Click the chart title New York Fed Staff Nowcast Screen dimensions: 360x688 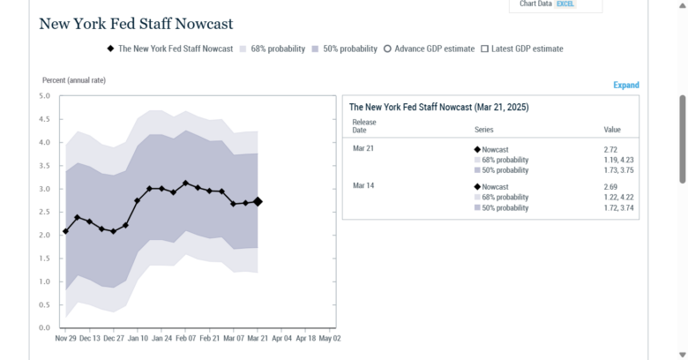136,24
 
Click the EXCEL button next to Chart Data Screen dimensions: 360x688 565,4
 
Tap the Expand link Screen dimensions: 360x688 625,86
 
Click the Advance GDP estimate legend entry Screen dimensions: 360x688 429,49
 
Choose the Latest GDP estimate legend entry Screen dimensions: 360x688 521,49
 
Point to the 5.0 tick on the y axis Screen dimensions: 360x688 44,96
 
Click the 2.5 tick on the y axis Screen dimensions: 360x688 44,212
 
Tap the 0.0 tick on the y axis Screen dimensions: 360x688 44,327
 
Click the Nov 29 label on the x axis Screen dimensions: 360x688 66,338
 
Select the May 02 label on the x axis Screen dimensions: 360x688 329,338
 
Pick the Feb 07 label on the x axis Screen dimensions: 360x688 185,338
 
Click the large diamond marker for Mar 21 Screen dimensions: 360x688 258,201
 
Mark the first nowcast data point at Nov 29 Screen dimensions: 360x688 66,231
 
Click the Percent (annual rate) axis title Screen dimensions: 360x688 74,80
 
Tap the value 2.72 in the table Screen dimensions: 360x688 611,150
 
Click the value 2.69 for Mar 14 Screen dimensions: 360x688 611,187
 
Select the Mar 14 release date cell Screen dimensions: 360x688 363,187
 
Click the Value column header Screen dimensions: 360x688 612,130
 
